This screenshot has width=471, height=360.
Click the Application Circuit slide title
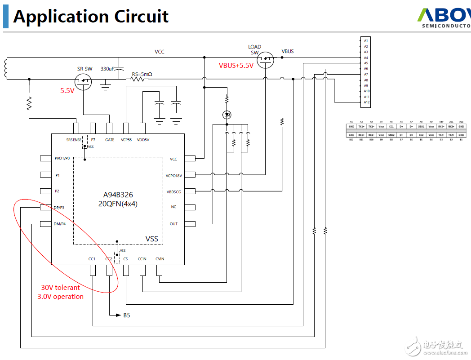pos(91,16)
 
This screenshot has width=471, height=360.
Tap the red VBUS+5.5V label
pos(236,65)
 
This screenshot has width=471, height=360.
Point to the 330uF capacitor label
pos(108,69)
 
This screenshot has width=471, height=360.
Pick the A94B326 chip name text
pos(118,195)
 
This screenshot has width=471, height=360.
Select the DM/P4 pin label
pos(60,224)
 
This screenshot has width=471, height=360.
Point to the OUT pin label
pos(173,224)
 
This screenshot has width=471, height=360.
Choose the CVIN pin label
pos(160,259)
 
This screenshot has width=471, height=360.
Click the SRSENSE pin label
pos(74,140)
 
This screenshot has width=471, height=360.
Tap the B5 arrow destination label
pos(127,316)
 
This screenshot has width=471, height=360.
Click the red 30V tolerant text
pos(61,288)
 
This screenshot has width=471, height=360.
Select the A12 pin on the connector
pos(366,102)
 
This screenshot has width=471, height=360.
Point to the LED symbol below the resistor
pos(227,115)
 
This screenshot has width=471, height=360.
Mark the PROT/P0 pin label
pos(62,158)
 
